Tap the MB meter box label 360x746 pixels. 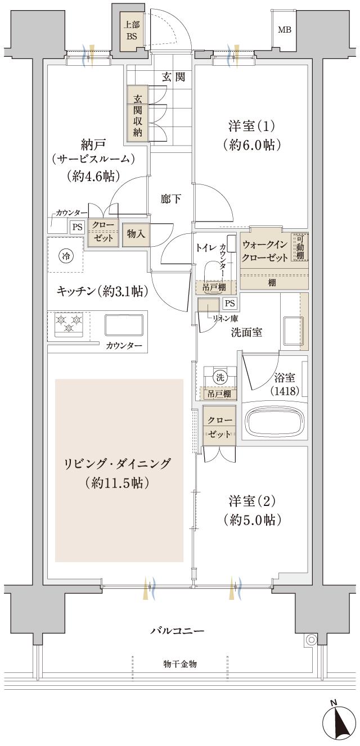pyautogui.click(x=285, y=30)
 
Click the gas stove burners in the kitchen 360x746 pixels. pyautogui.click(x=69, y=324)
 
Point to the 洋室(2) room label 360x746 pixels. pyautogui.click(x=251, y=509)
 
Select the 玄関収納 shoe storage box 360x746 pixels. pyautogui.click(x=137, y=115)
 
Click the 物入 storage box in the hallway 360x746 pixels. pyautogui.click(x=135, y=234)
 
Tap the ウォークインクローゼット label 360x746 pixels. pyautogui.click(x=265, y=251)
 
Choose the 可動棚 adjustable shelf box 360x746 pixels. pyautogui.click(x=300, y=247)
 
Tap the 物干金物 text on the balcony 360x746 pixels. pyautogui.click(x=180, y=664)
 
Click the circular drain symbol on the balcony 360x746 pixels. pyautogui.click(x=310, y=639)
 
